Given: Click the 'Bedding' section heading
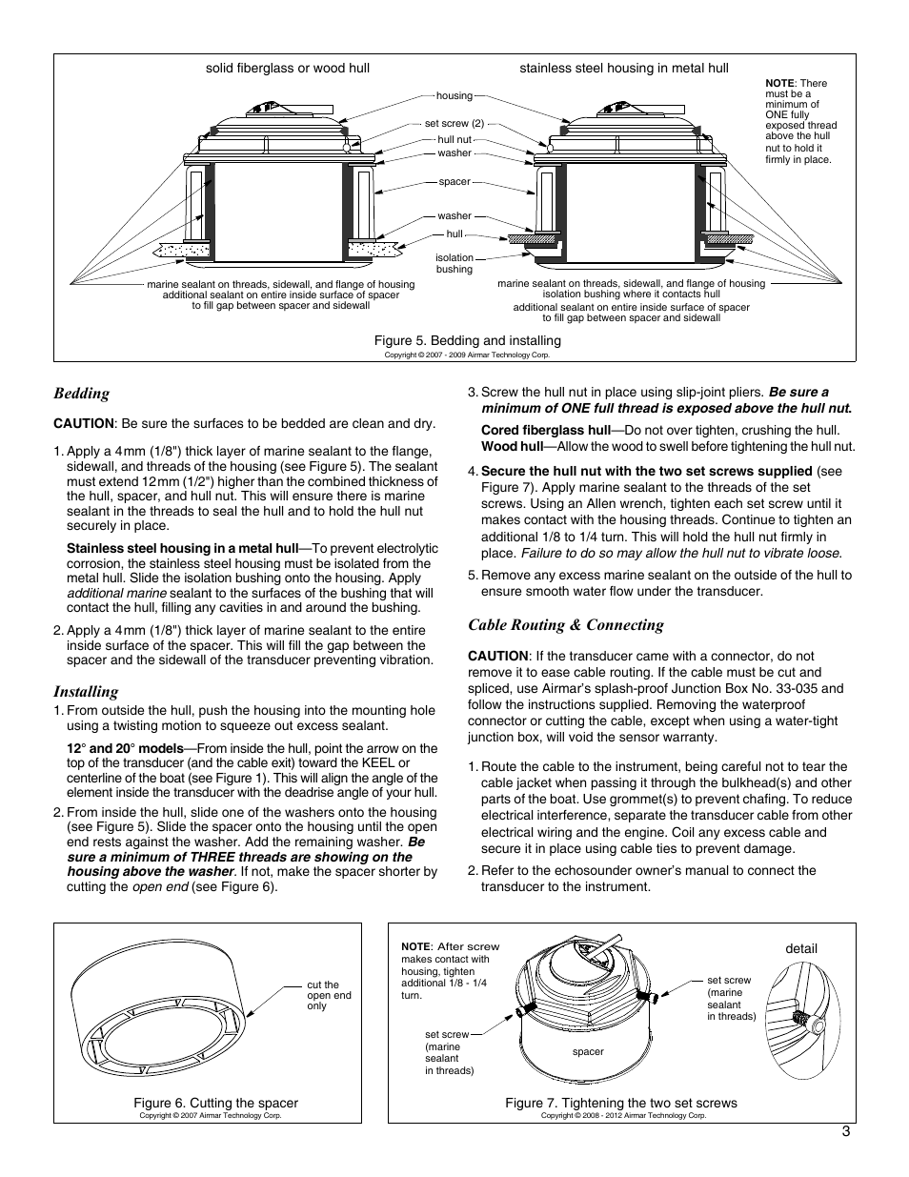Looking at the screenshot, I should (81, 394).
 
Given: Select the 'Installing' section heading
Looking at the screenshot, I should (86, 692).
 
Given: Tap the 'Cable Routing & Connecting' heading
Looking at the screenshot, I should (565, 625).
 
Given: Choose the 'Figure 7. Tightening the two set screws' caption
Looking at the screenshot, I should (621, 1103).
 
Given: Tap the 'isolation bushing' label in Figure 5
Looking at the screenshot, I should (454, 263).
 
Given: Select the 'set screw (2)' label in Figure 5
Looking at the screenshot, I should (454, 123).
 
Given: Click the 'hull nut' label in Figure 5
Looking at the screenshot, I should (454, 139).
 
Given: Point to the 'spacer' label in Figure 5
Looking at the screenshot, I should (454, 181).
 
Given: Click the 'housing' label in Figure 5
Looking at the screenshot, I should (454, 95).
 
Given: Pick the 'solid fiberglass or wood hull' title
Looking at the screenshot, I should (288, 69).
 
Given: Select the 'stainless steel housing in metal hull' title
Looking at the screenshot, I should (623, 69).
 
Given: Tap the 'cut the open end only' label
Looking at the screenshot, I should (329, 995).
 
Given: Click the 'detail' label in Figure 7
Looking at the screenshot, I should (801, 948).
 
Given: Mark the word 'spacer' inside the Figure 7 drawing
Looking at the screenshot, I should (588, 1052).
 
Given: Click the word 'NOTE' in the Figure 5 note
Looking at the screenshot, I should (779, 83).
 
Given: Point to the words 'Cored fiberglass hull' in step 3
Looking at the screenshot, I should (545, 430).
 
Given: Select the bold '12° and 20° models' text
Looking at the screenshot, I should (124, 748).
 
